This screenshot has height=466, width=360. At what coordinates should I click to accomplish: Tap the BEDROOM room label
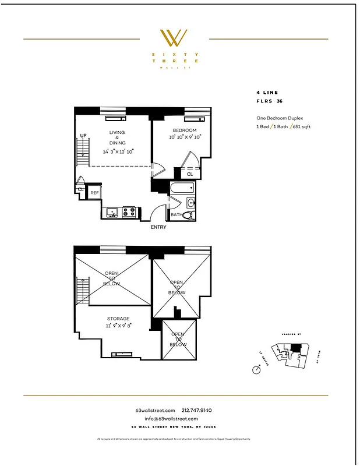[x=184, y=130]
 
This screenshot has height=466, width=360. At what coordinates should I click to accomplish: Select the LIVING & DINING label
[x=117, y=140]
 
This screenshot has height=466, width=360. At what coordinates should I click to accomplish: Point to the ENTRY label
[x=158, y=227]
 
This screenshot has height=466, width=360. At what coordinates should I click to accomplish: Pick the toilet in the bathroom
[x=188, y=214]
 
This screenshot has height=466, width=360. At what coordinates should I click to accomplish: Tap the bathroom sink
[x=191, y=203]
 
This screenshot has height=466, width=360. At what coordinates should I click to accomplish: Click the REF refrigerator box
[x=94, y=193]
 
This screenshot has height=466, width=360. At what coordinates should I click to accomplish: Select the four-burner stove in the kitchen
[x=128, y=213]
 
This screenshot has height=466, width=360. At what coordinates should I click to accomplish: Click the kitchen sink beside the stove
[x=112, y=213]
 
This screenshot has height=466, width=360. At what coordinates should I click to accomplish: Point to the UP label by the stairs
[x=83, y=136]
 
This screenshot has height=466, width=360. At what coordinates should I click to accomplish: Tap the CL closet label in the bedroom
[x=190, y=174]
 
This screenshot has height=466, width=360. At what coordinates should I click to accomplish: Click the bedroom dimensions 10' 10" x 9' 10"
[x=185, y=137]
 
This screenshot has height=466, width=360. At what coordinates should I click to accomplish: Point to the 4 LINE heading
[x=267, y=92]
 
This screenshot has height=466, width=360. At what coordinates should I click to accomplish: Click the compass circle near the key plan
[x=256, y=369]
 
